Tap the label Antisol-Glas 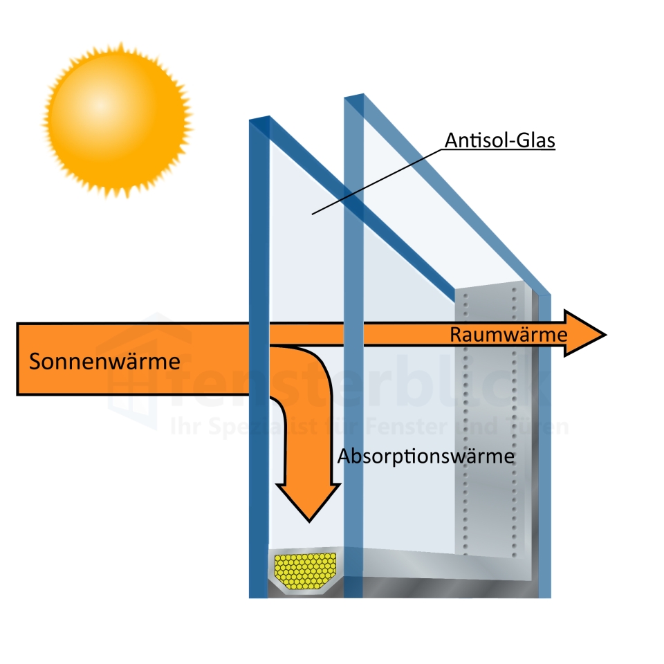click(x=500, y=140)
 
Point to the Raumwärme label click(x=508, y=335)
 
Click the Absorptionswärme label click(x=426, y=456)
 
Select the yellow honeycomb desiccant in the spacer click(x=305, y=569)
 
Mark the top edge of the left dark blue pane click(x=259, y=120)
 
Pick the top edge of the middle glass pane click(x=354, y=97)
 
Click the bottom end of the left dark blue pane click(x=258, y=591)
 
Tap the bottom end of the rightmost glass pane click(x=545, y=591)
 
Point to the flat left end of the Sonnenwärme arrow click(x=18, y=359)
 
